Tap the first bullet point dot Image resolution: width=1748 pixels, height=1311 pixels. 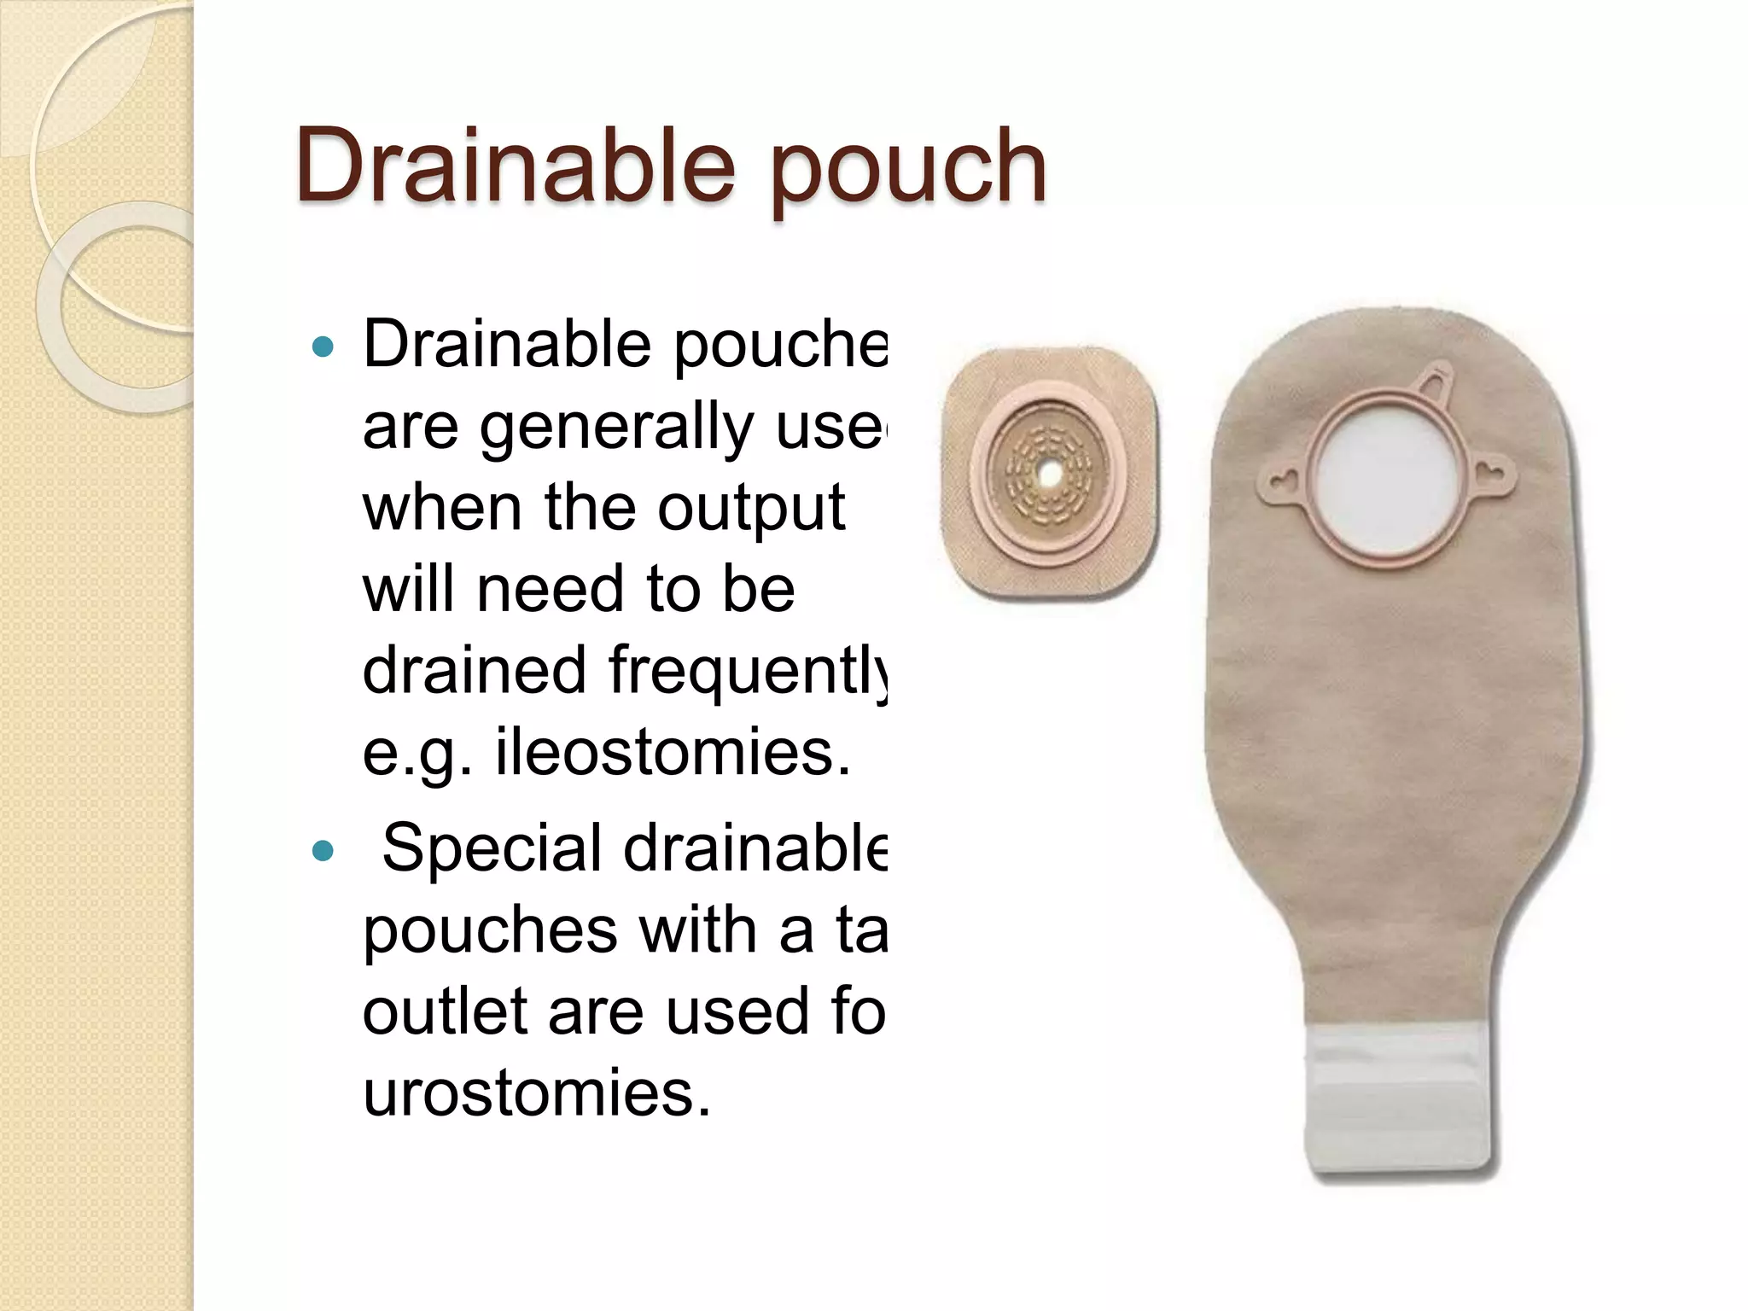click(x=323, y=347)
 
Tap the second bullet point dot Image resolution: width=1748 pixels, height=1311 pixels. click(x=323, y=851)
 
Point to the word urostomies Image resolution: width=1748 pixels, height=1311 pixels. click(x=537, y=1092)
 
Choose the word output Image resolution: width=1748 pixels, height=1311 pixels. click(x=751, y=508)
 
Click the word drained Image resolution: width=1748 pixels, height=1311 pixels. click(x=475, y=670)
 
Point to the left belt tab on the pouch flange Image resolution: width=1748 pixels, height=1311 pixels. click(x=1279, y=483)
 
